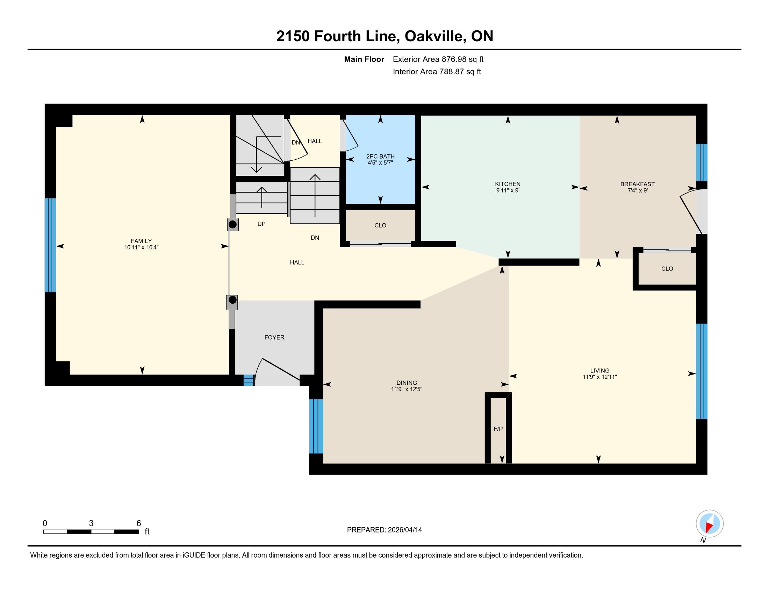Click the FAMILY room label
(141, 241)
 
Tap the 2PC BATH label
(380, 156)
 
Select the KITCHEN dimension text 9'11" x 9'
(508, 190)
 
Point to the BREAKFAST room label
(637, 184)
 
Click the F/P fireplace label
(498, 429)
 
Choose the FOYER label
(274, 338)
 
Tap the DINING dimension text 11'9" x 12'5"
(407, 389)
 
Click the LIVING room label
(599, 370)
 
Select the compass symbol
(710, 524)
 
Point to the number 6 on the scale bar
(139, 523)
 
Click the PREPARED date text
(384, 530)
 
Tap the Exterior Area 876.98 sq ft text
(438, 59)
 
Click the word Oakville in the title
(433, 36)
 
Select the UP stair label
(261, 224)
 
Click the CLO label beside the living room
(667, 269)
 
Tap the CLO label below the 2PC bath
(380, 226)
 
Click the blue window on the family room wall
(50, 245)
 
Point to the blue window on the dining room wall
(316, 426)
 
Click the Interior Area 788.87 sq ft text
(437, 72)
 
